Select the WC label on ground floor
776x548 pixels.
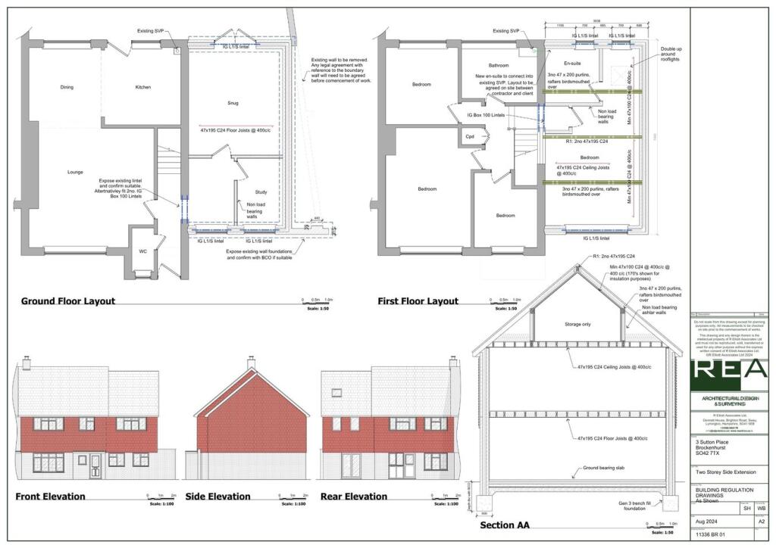click(142, 251)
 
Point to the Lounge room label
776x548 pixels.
click(75, 172)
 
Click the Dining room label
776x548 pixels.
click(67, 87)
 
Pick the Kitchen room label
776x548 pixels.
click(142, 87)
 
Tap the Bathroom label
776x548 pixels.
click(498, 65)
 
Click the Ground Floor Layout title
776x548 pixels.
click(68, 301)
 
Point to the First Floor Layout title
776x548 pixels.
click(418, 301)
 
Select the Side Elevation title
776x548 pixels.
click(217, 497)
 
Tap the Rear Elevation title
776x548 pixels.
click(354, 497)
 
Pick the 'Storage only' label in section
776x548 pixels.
click(577, 324)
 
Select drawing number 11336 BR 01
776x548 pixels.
click(712, 534)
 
